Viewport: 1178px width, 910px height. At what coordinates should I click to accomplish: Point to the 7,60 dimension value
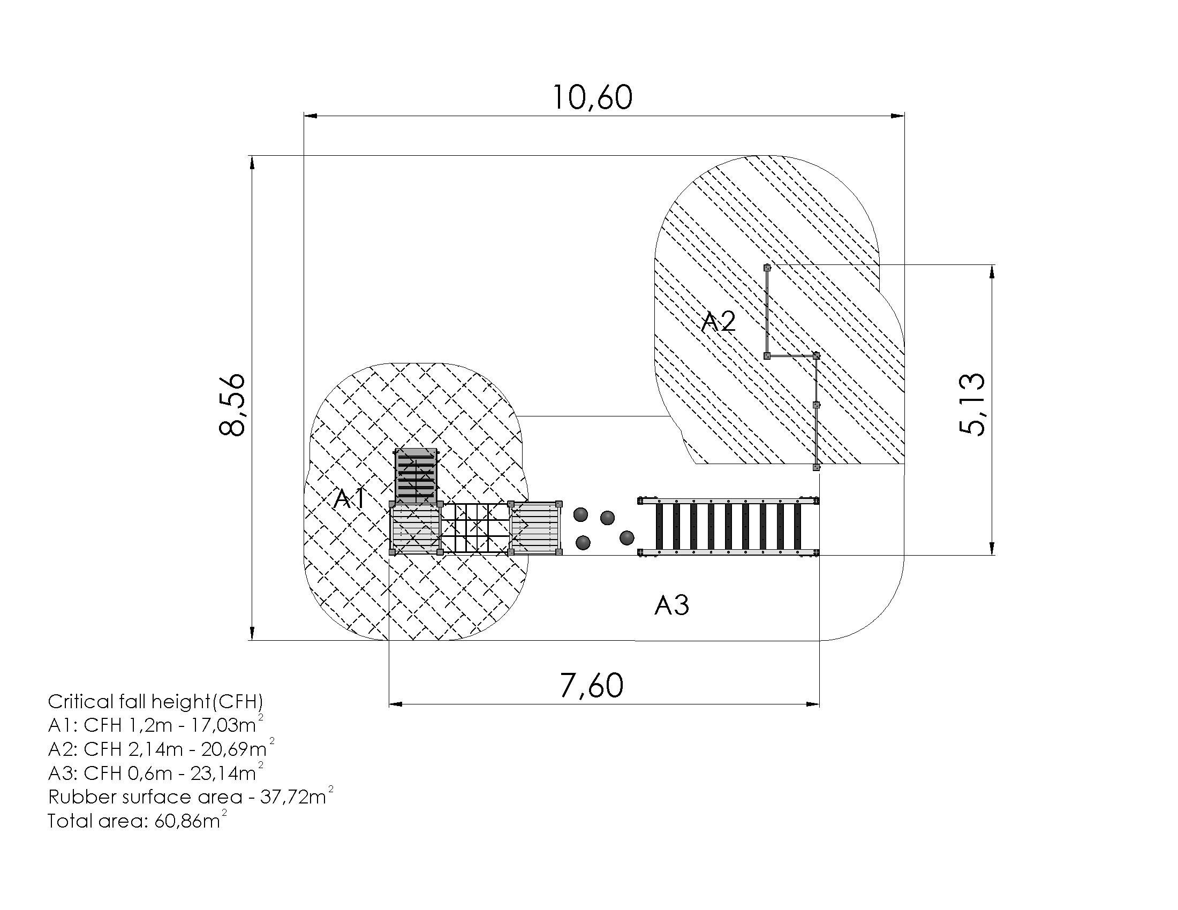click(x=592, y=685)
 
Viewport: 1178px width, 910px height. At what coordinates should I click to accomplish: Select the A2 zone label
click(x=719, y=322)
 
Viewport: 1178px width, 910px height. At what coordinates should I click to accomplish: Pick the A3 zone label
click(x=671, y=605)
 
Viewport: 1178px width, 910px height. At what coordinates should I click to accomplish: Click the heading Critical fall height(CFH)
click(x=155, y=701)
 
